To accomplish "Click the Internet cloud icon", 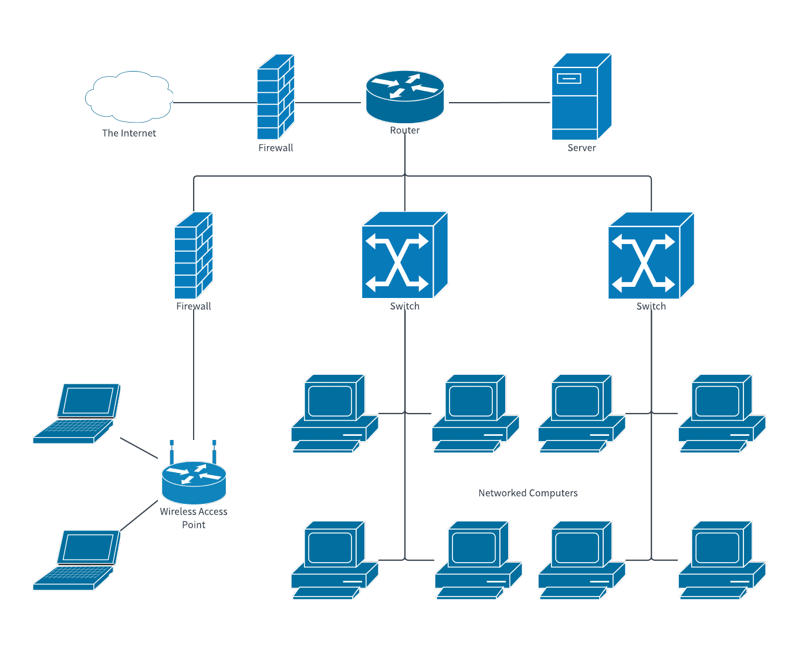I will pos(129,97).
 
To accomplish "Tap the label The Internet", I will pos(129,133).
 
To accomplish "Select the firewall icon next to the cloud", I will pos(275,97).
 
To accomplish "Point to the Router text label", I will pos(405,130).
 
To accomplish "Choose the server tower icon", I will pos(581,97).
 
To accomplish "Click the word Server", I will pos(581,148).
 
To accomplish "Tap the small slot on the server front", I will pos(569,78).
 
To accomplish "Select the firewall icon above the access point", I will pos(193,256).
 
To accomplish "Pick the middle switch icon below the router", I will pos(404,256).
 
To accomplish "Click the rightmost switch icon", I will pos(651,256).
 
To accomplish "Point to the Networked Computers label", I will pos(528,493).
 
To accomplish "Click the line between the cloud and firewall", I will pos(215,103).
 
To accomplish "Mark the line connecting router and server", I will pos(499,103).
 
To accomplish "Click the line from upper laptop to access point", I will pos(139,448).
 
